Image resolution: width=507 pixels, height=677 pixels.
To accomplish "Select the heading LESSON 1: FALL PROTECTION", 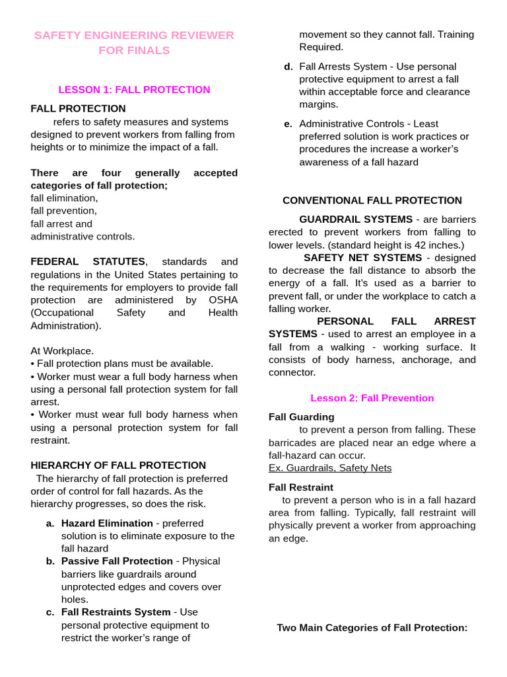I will click(x=134, y=90).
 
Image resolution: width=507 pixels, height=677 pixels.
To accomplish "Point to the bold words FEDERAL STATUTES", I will click(x=88, y=262).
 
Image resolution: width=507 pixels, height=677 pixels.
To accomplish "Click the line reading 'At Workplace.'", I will click(x=62, y=351).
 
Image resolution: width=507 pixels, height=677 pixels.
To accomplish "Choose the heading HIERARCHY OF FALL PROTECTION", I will click(x=118, y=465).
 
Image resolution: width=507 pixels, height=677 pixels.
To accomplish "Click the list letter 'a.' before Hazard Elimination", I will click(x=50, y=524).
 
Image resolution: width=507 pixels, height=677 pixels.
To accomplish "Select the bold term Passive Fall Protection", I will click(x=117, y=561).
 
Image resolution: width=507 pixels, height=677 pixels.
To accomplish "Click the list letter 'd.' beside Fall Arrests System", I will click(x=288, y=67).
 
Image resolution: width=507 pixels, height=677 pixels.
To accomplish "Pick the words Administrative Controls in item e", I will click(x=350, y=124).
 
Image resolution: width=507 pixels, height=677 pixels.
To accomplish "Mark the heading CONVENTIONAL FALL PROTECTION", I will click(x=372, y=200).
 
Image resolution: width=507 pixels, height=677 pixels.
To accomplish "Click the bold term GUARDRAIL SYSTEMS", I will click(x=356, y=219).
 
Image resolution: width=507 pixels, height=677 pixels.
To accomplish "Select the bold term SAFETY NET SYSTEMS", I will click(x=362, y=258).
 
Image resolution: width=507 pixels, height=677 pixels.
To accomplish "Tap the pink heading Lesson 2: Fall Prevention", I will click(x=372, y=398).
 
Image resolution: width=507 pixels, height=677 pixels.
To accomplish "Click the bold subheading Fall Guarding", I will click(x=301, y=417).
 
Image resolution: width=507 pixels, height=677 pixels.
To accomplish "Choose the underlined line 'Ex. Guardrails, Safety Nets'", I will click(x=330, y=468).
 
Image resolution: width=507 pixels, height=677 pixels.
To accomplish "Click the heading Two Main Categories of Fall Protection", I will click(x=372, y=627).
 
